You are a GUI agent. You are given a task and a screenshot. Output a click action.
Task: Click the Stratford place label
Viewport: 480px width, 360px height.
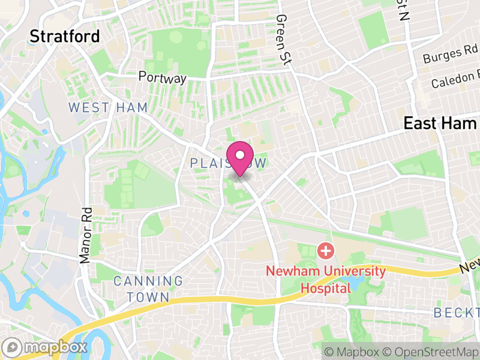coord(65,37)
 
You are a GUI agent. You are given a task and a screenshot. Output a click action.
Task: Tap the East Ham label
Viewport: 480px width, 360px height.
coord(440,124)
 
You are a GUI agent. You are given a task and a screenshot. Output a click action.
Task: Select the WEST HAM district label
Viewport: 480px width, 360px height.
coord(97,107)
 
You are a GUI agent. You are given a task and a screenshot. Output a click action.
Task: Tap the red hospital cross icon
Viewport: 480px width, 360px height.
coord(325,251)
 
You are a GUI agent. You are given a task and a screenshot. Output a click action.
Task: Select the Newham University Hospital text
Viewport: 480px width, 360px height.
coord(326,279)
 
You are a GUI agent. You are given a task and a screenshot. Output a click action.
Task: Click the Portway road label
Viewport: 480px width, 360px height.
coord(163,77)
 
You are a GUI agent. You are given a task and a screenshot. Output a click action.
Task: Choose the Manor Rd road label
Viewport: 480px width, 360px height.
coord(86,235)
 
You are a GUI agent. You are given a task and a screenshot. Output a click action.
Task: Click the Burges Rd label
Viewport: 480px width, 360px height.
coord(450,55)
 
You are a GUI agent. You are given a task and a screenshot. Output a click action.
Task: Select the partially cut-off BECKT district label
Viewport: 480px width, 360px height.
coord(456,313)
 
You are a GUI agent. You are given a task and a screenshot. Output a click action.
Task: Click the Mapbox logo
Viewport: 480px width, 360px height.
coord(46,347)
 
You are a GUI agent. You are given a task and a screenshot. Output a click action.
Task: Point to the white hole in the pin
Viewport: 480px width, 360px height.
coord(240,155)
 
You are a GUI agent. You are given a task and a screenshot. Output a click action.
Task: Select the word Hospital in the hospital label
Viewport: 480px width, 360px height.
coord(326,288)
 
